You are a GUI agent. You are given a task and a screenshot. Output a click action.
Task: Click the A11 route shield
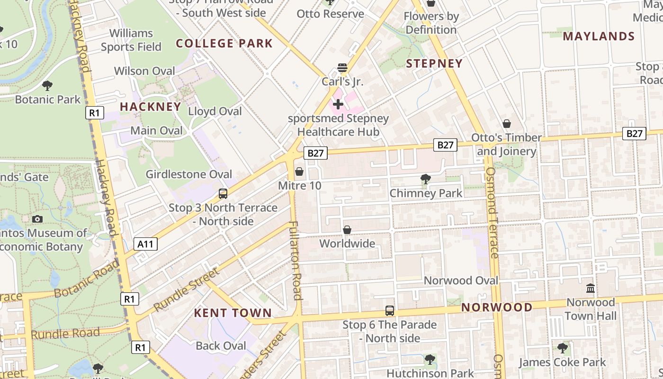tap(145, 244)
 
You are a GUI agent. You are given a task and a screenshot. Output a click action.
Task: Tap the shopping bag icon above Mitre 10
tap(299, 171)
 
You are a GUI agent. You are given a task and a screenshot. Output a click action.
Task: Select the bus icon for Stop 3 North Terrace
tap(223, 193)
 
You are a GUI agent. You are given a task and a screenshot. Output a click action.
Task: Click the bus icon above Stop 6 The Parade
tap(390, 311)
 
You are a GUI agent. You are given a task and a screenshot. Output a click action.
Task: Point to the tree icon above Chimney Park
tap(425, 179)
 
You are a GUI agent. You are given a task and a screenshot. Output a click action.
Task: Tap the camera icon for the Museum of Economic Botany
tap(37, 219)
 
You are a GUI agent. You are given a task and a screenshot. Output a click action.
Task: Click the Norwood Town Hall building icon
tap(591, 288)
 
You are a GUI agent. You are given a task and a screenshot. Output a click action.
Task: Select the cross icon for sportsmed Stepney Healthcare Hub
tap(338, 104)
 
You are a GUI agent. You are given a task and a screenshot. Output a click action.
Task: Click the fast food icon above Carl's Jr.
tap(342, 68)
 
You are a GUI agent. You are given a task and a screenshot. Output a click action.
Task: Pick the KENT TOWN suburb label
tap(233, 313)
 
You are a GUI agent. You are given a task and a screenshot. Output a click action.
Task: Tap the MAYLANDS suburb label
tap(599, 36)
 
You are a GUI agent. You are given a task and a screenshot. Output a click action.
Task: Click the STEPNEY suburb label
tap(434, 63)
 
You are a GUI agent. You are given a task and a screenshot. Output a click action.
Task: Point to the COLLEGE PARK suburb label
tap(224, 44)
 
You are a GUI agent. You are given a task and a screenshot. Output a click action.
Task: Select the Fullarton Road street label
tap(295, 261)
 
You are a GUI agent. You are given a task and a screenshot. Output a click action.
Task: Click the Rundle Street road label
tap(187, 289)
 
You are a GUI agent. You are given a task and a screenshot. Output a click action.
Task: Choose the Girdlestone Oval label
tap(189, 174)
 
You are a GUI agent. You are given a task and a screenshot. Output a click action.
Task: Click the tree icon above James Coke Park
tap(562, 348)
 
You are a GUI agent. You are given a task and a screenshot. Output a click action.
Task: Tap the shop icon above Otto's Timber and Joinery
tap(507, 124)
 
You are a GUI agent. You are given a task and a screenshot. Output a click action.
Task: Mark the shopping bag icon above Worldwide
tap(347, 230)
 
